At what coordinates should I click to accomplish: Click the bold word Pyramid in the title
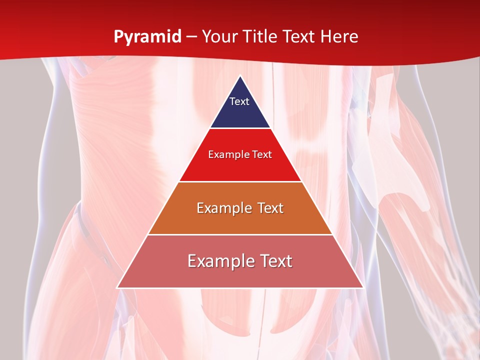click(x=147, y=37)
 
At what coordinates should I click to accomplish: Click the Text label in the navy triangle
click(x=239, y=101)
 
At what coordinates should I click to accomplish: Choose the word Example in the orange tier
click(x=222, y=208)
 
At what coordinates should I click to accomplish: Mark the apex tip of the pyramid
click(x=240, y=76)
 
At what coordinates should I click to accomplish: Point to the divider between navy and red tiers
click(x=240, y=128)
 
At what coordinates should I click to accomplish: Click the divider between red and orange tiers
click(x=240, y=181)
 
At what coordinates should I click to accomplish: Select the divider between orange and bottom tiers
click(x=240, y=234)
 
